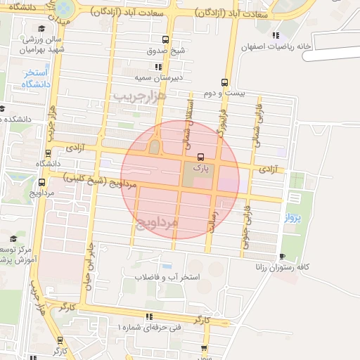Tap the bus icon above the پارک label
[200, 157]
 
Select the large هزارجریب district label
[139, 94]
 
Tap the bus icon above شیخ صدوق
[165, 39]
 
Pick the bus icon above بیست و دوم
[224, 82]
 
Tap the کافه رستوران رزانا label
[284, 267]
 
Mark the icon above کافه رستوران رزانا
[282, 256]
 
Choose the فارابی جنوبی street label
[247, 219]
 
